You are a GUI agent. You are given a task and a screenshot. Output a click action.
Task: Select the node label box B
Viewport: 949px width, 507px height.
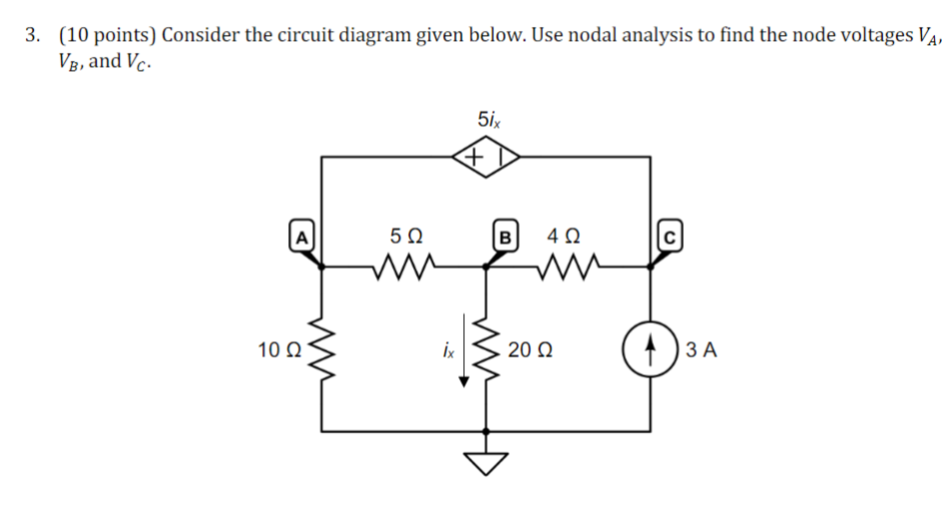505,238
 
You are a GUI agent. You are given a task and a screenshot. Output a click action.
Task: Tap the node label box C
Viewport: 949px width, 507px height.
669,238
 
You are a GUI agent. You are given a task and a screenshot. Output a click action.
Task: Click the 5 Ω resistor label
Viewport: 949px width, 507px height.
406,238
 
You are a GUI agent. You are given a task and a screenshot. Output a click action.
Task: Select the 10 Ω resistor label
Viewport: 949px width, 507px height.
278,350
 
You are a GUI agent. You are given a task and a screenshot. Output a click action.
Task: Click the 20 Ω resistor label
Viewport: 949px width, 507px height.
529,350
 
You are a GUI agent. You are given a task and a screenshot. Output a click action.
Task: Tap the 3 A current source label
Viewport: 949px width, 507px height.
703,350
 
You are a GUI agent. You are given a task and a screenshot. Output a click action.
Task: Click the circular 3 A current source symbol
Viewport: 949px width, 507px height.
652,350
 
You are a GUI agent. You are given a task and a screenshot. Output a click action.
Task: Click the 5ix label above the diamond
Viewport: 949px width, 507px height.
490,120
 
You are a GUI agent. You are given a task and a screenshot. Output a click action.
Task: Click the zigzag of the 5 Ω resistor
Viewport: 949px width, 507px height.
403,266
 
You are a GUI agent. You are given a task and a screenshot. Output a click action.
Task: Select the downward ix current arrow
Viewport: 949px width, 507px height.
461,369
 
